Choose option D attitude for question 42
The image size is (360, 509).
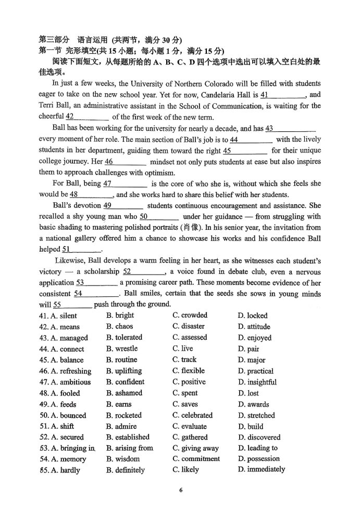(254, 327)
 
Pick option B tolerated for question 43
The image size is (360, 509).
(124, 338)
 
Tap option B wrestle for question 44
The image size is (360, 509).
(122, 349)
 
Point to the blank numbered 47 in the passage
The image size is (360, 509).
(125, 184)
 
